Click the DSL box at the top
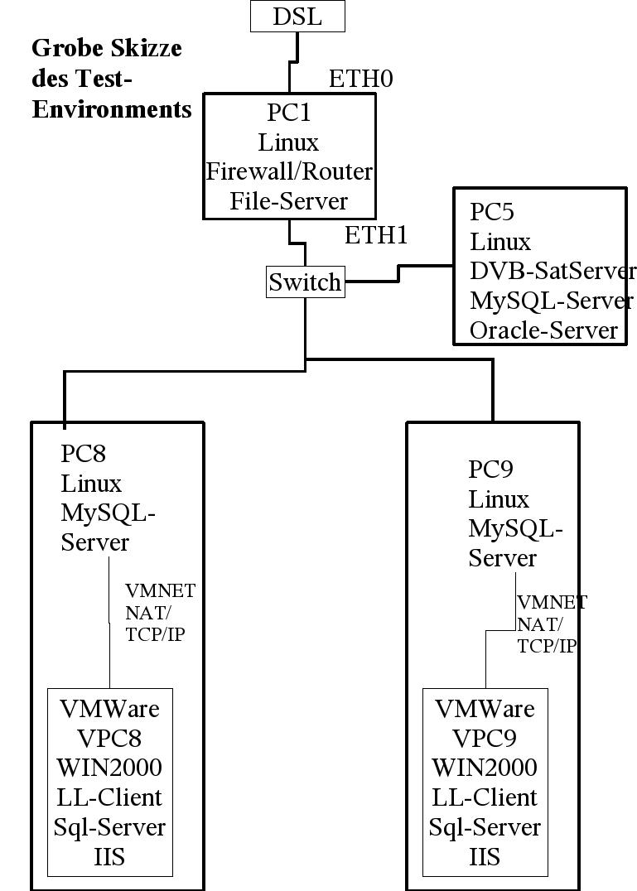297,17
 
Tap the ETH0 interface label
360,79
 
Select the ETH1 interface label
376,235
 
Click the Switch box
305,282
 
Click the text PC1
288,112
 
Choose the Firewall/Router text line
289,172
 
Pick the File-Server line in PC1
289,201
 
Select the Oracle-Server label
543,331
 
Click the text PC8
84,453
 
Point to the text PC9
491,470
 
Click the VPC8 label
109,739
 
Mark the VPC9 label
485,739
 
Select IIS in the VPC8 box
109,856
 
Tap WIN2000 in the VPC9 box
485,768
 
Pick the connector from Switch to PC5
398,274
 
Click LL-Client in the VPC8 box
109,797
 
